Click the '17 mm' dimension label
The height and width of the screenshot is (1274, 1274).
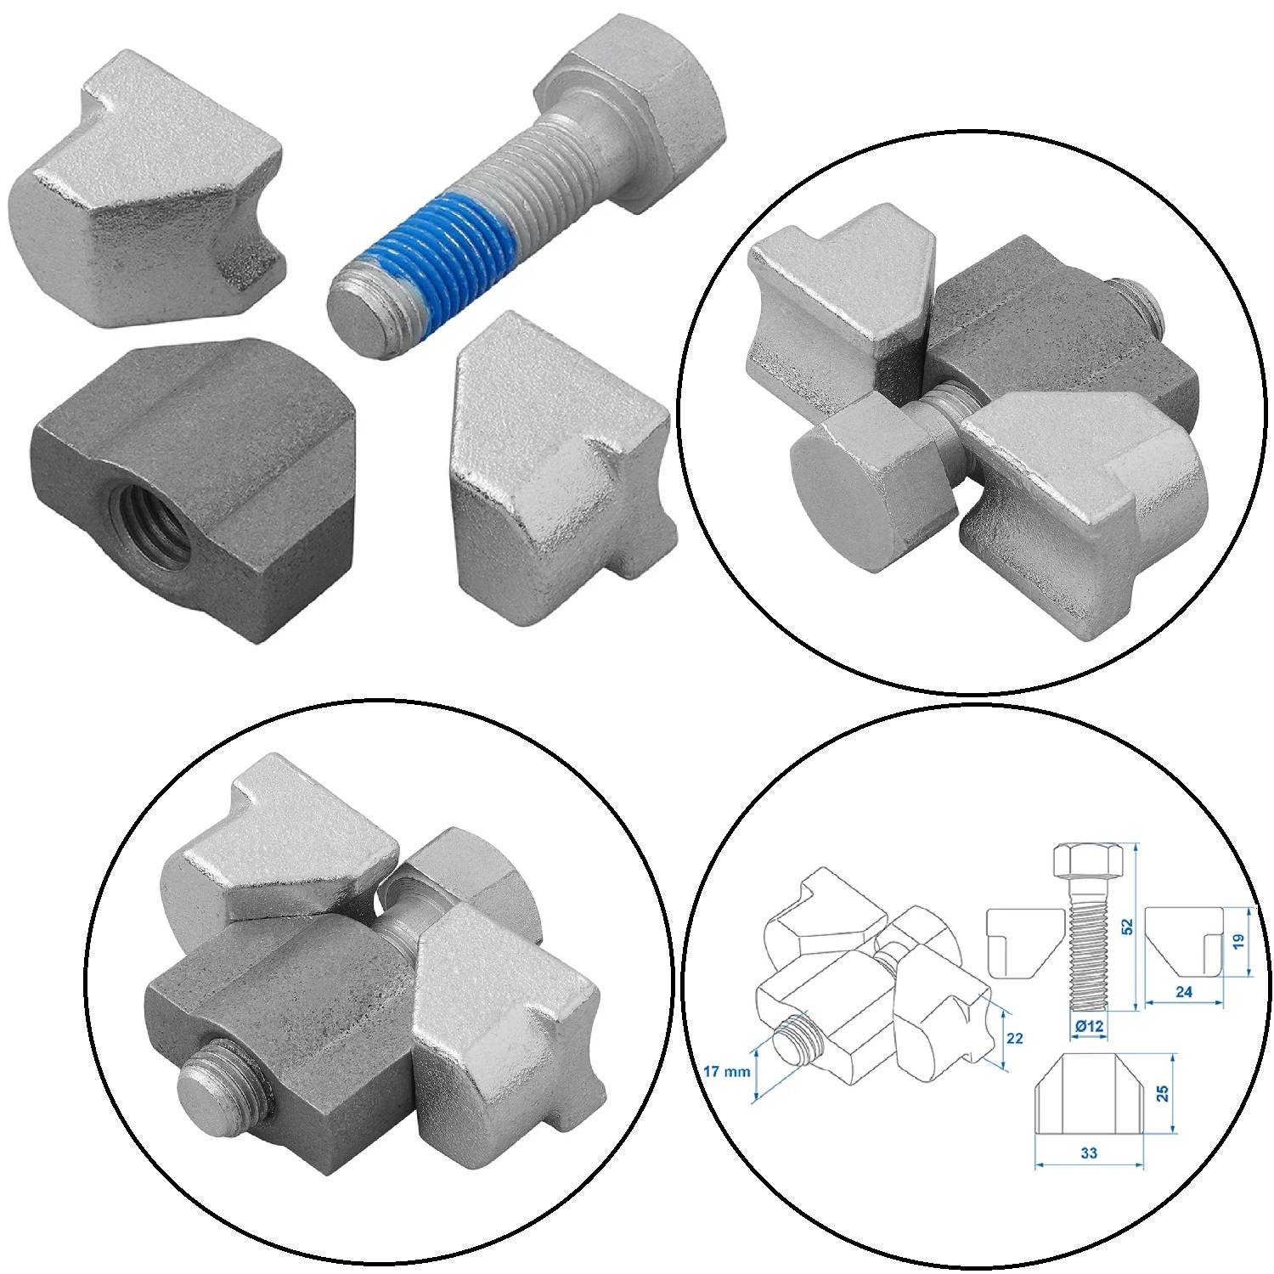(x=727, y=1072)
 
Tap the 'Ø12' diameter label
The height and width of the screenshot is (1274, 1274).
(x=1088, y=1026)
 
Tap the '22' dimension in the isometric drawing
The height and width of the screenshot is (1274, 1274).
(x=1015, y=1038)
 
